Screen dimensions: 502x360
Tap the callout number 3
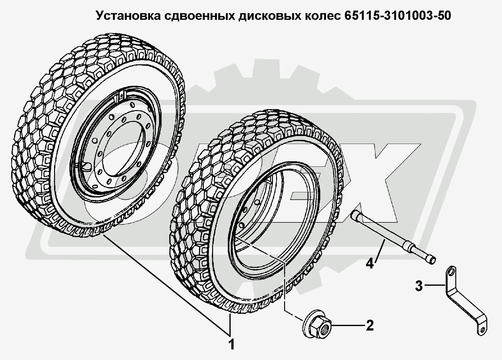419,286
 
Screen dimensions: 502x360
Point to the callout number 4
370,263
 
